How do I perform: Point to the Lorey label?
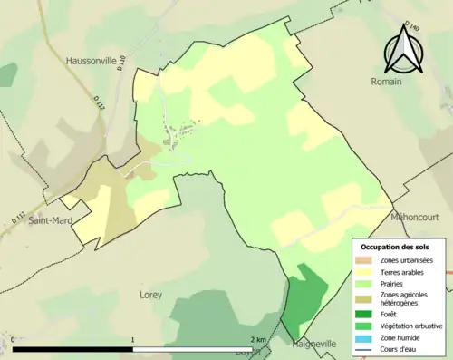(150, 295)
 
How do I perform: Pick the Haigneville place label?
(314, 345)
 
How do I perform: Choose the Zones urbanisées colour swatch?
(364, 260)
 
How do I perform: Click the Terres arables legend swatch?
(364, 271)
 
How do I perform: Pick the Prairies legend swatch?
(364, 283)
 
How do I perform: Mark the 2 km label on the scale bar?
(258, 340)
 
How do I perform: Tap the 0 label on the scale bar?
(14, 340)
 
